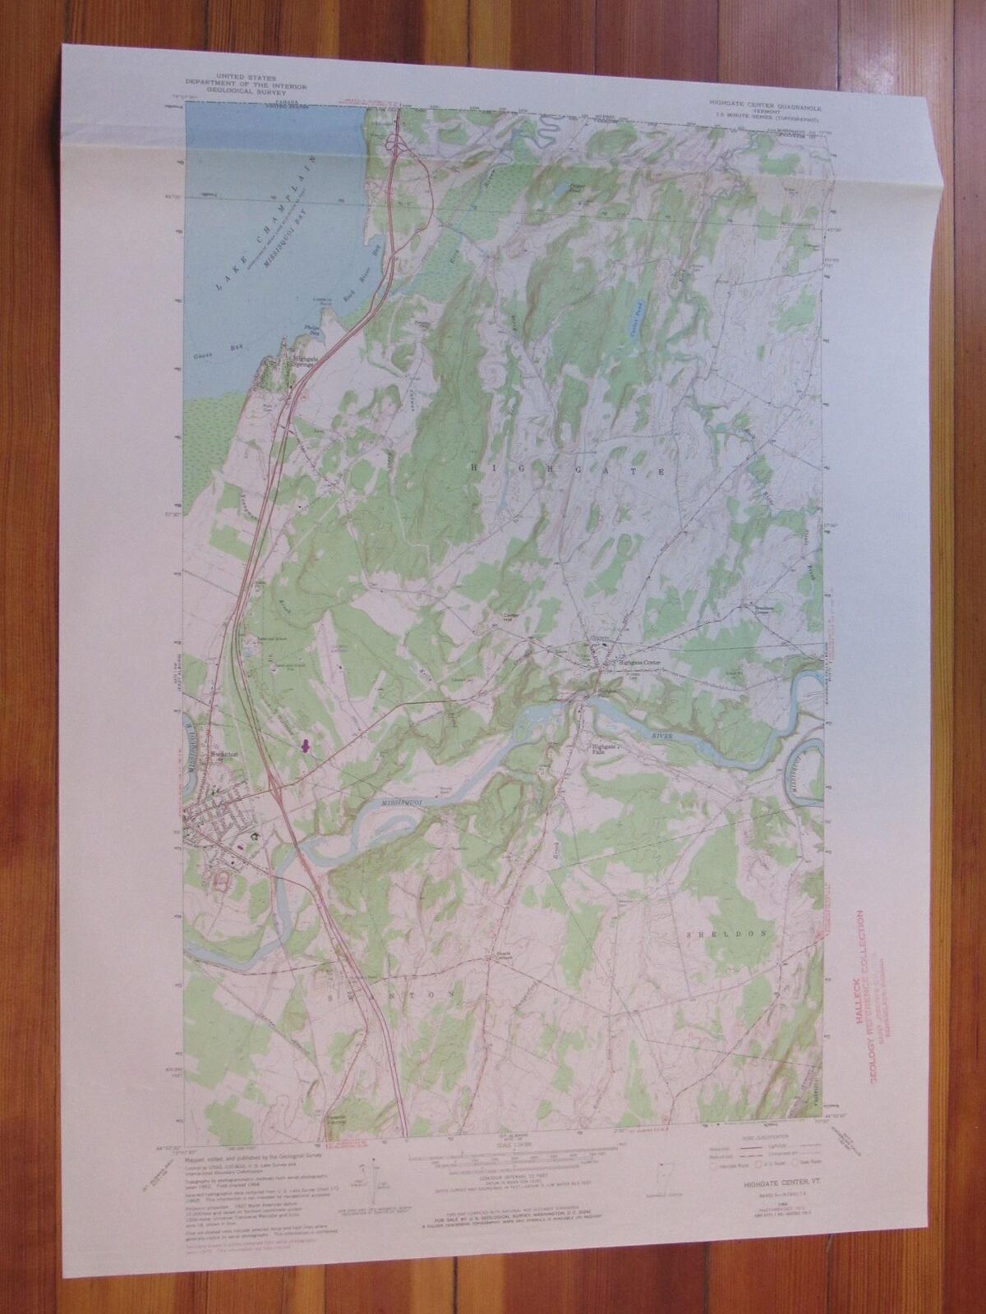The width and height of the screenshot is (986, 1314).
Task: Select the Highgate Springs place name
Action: coord(306,361)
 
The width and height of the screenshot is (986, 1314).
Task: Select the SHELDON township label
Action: coord(730,934)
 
